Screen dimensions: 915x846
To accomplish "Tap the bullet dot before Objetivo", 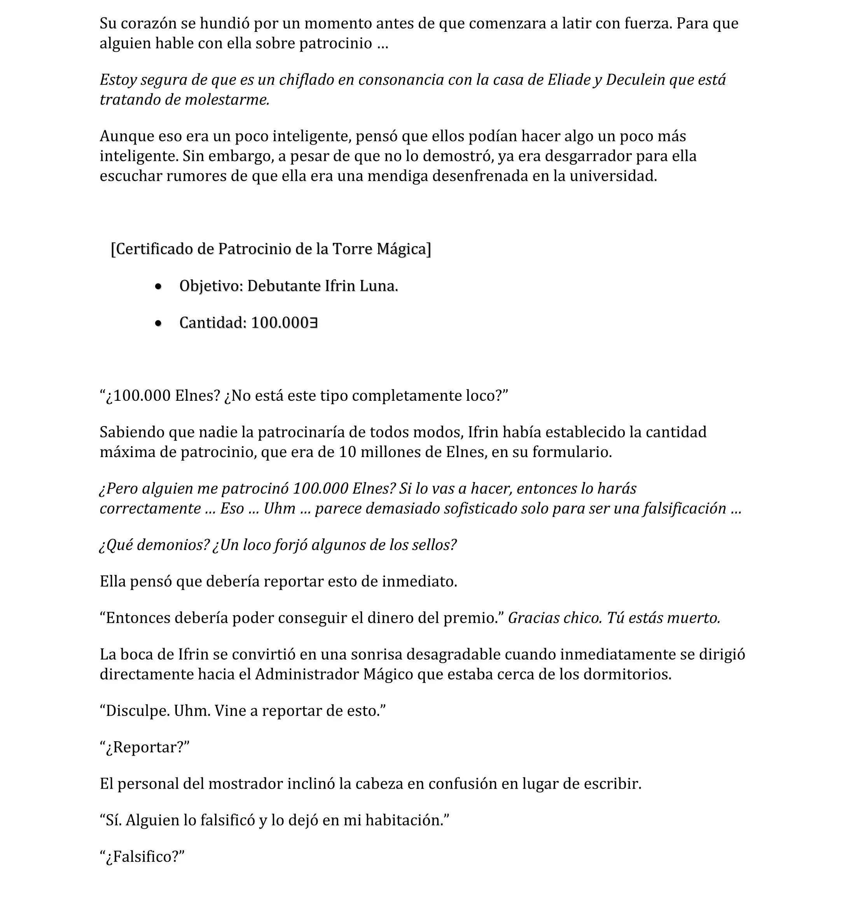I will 158,287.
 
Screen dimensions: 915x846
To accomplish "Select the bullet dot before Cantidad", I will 158,324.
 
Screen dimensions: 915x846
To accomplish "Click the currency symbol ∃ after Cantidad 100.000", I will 314,323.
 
